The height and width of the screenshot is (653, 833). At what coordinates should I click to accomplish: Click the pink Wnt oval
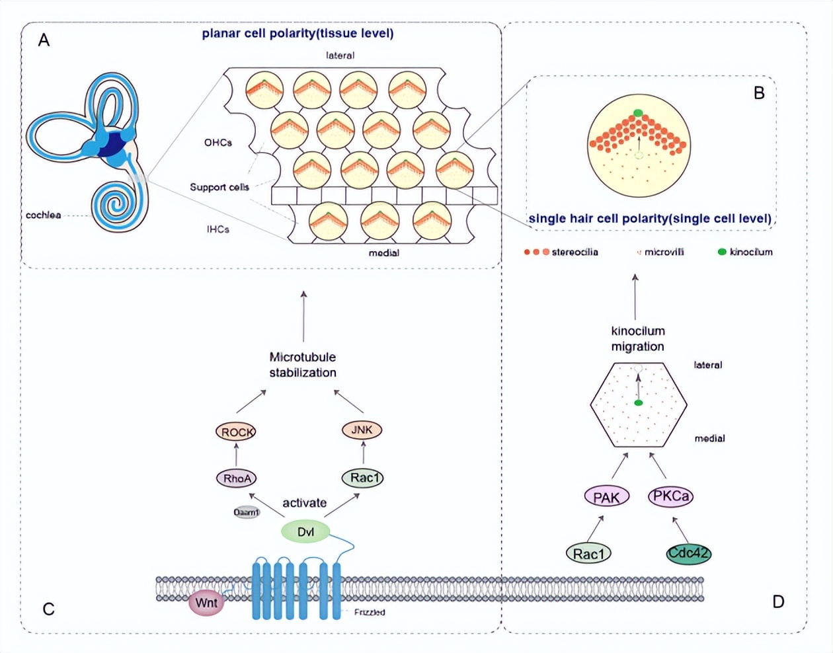point(206,603)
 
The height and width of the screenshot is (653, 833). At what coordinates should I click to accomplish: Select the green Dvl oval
point(305,531)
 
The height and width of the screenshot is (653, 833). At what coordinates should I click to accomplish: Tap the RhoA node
point(236,478)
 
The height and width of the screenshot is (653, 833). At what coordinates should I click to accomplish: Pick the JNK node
point(362,430)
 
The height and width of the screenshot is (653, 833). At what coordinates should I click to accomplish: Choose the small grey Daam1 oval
point(247,512)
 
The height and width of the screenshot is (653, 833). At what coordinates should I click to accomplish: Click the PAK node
point(606,496)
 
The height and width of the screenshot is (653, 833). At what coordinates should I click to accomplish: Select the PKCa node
point(671,496)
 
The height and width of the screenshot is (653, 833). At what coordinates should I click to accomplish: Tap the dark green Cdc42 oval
point(689,553)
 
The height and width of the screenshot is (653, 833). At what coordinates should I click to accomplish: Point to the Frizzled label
point(370,612)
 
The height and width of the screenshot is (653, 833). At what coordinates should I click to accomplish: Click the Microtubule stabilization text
point(303,365)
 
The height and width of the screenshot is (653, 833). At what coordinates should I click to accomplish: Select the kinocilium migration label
point(638,338)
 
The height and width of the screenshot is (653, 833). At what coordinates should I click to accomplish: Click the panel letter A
point(44,40)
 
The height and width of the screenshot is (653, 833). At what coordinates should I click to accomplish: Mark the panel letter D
point(778,601)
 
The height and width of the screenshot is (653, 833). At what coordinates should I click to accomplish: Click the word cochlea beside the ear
point(44,215)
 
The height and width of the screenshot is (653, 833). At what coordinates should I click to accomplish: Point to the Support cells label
point(219,187)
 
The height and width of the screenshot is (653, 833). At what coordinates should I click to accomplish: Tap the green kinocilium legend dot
point(722,252)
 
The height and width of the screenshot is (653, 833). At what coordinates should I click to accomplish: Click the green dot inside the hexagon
point(638,403)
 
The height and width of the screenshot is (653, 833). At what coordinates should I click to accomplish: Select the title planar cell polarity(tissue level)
point(297,33)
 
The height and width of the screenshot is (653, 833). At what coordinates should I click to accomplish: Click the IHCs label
point(218,229)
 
